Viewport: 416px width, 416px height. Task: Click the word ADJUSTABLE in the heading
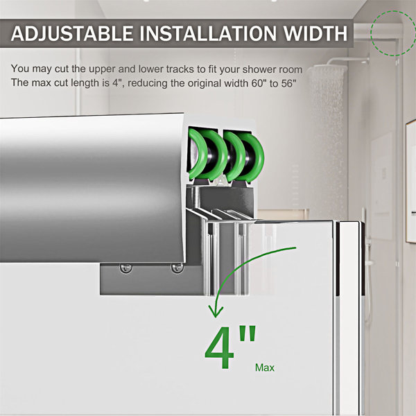[72, 33]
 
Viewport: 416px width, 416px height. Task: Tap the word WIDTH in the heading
[315, 33]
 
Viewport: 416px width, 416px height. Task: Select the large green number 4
[219, 347]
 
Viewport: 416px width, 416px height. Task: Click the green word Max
[265, 367]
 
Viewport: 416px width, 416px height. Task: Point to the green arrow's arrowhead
[216, 311]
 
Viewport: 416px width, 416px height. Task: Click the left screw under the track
[125, 268]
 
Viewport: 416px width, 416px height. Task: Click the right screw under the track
[177, 268]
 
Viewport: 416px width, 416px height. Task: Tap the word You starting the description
[20, 69]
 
